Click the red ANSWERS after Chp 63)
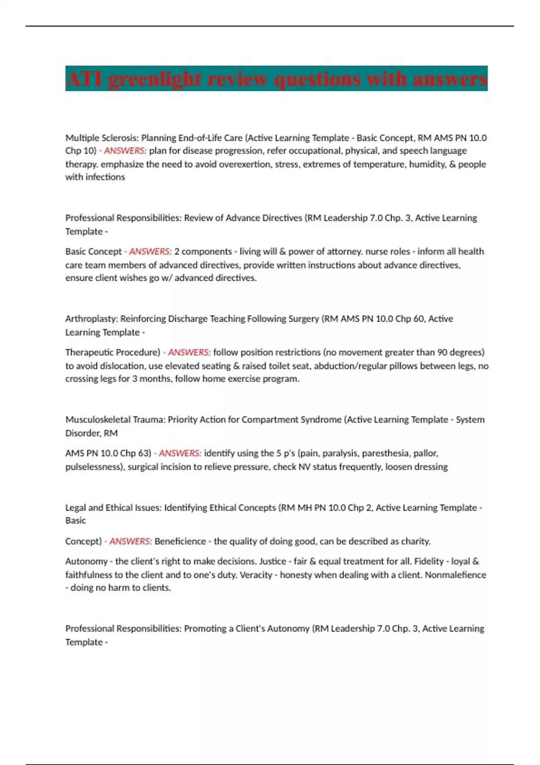tap(180, 453)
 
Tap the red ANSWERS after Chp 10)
tap(125, 151)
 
